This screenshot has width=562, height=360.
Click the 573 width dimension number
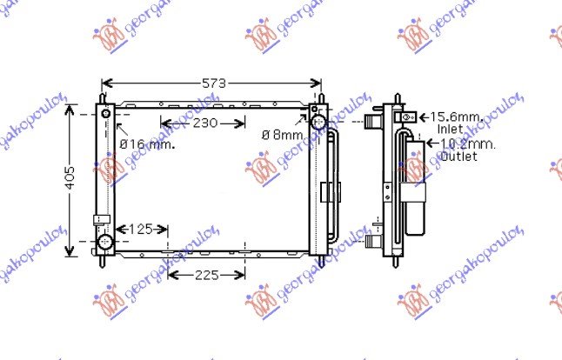click(x=213, y=83)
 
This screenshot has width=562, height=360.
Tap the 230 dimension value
click(x=204, y=123)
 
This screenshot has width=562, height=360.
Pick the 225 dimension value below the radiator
click(x=205, y=276)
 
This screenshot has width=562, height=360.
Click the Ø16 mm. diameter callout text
click(x=147, y=144)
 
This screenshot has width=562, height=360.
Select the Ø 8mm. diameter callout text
click(x=284, y=136)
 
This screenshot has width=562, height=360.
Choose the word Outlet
click(x=458, y=157)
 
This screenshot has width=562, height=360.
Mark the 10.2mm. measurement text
click(x=467, y=143)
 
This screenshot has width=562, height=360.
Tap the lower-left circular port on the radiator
click(x=105, y=241)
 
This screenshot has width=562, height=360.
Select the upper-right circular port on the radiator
click(x=318, y=121)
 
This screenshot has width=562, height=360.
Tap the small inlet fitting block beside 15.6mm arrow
click(x=405, y=117)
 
